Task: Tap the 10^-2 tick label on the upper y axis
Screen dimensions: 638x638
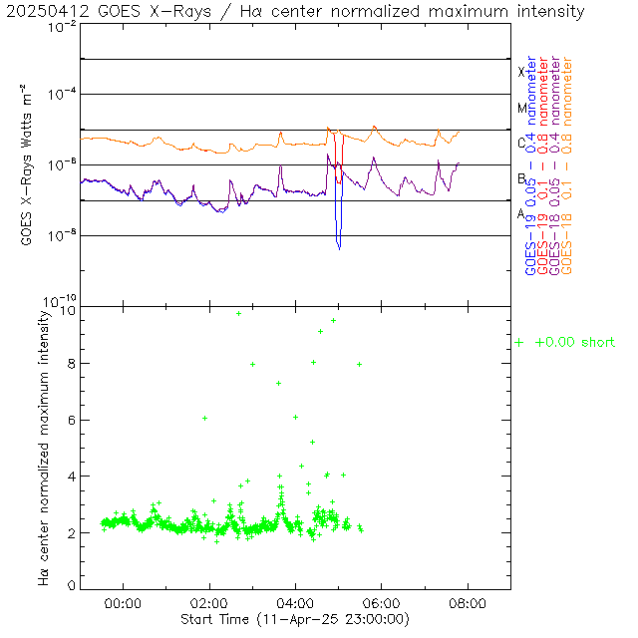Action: coord(61,27)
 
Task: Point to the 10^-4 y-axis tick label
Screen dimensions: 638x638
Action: coord(61,94)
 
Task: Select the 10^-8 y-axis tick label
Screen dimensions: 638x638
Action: coord(61,235)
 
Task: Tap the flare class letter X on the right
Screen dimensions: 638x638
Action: coord(521,72)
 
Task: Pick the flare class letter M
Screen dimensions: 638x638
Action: coord(521,108)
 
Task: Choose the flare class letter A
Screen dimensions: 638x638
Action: coord(521,213)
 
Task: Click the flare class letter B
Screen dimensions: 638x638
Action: coord(521,178)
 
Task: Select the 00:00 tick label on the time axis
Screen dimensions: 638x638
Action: coord(123,603)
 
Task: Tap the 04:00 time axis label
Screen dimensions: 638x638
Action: coord(295,603)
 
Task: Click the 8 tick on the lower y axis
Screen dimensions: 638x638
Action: coord(71,365)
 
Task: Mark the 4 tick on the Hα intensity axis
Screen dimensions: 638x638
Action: coord(71,477)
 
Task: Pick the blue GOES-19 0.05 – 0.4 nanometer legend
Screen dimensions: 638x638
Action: coord(529,166)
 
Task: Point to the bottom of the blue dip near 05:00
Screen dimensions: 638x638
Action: coord(339,247)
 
